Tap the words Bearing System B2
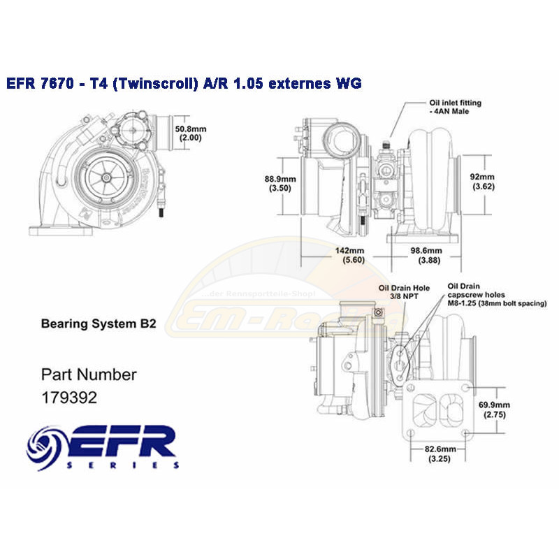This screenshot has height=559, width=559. click(98, 324)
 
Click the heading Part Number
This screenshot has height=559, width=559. click(89, 374)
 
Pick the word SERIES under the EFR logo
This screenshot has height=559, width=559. click(124, 465)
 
